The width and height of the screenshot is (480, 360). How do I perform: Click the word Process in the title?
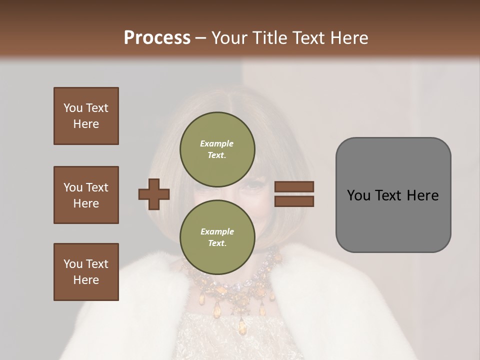157,38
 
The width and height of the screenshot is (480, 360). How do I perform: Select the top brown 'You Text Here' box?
86,116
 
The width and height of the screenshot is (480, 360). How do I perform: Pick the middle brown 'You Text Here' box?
86,195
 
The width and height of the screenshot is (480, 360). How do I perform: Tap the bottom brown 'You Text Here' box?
86,272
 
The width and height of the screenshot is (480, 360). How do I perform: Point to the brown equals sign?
294,194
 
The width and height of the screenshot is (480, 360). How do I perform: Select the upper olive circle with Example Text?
217,149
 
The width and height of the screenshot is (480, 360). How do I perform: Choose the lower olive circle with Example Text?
217,237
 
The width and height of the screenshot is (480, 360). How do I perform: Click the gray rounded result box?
393,195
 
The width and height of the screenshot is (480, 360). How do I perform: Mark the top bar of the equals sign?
294,187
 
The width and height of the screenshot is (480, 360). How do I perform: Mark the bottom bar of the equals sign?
294,201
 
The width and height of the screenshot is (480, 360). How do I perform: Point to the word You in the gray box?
358,195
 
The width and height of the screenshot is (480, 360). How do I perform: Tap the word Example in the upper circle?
216,143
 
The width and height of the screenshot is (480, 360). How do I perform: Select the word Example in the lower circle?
217,231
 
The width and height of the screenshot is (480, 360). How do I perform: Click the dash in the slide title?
201,38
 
